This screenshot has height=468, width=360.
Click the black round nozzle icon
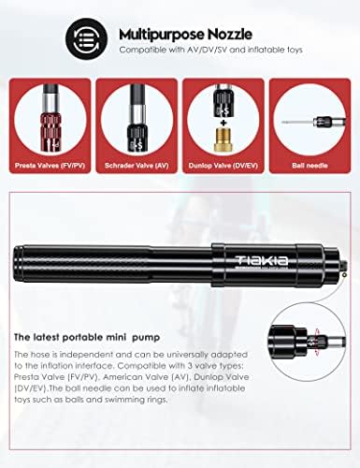click(x=87, y=38)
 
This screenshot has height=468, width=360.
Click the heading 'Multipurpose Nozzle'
click(x=185, y=34)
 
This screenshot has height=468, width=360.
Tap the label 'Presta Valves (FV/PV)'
click(x=50, y=166)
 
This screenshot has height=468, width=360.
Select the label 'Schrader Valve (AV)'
click(x=137, y=166)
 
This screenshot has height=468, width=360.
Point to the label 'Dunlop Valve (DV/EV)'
click(x=223, y=166)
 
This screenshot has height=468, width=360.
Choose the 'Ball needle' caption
click(x=310, y=166)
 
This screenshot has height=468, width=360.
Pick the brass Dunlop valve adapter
click(x=223, y=139)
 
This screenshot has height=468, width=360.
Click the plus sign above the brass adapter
click(x=223, y=123)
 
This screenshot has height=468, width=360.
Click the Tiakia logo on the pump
click(x=262, y=260)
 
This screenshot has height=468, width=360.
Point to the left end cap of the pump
click(x=18, y=261)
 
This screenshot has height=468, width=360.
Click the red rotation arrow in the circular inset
click(x=317, y=343)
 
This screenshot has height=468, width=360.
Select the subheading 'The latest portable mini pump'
click(x=87, y=337)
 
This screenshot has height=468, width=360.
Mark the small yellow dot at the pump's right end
click(x=344, y=274)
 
